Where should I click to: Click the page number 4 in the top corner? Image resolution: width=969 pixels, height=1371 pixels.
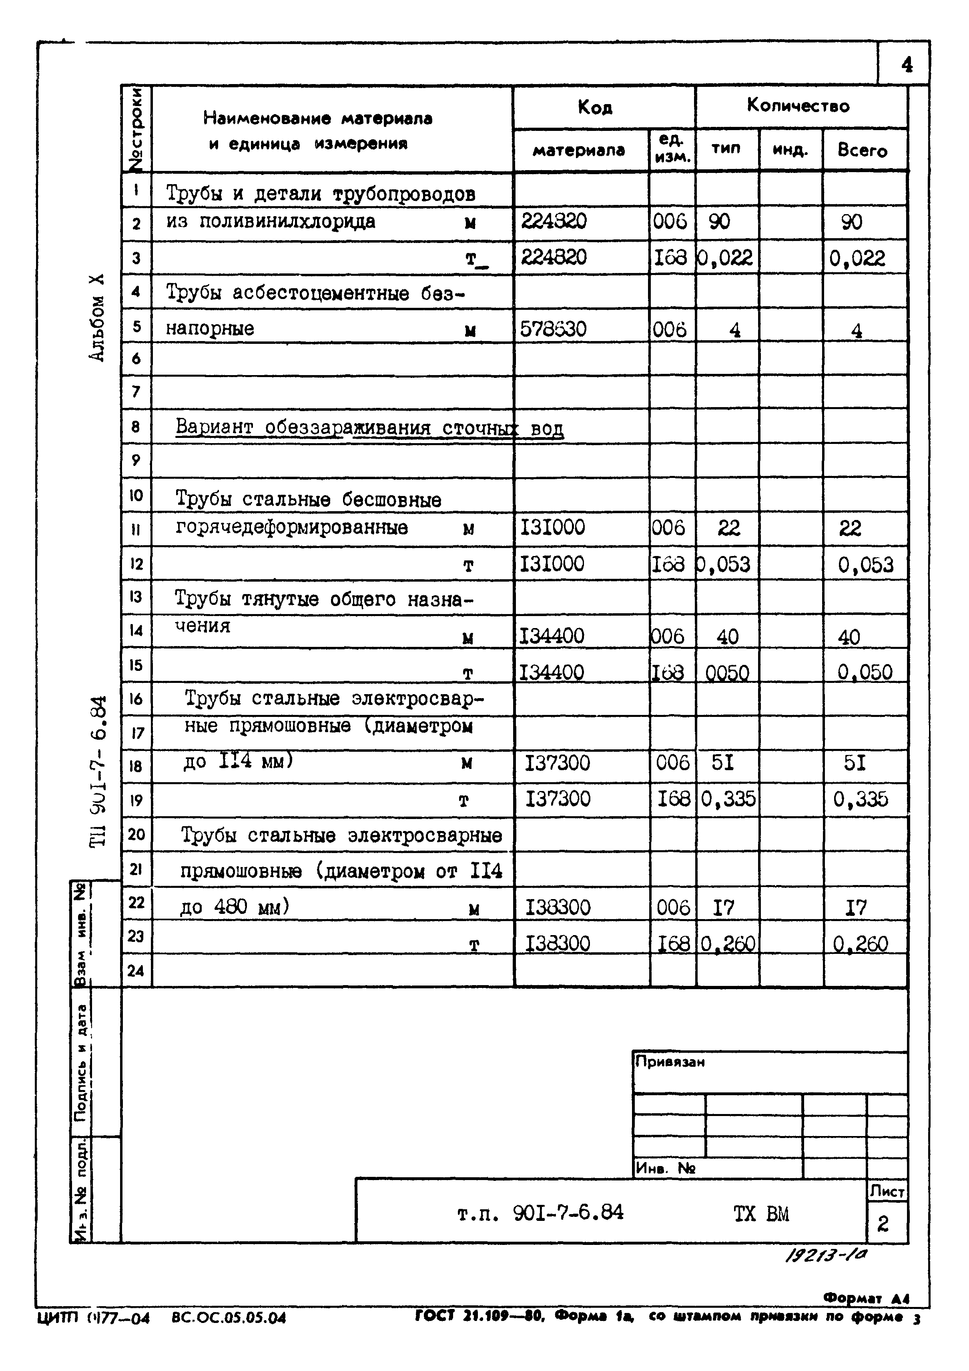pyautogui.click(x=906, y=64)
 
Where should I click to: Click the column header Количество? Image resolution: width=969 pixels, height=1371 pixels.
pyautogui.click(x=798, y=106)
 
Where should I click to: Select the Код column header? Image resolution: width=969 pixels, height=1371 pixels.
pyautogui.click(x=595, y=108)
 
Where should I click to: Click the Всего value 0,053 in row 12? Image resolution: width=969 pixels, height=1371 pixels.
pyautogui.click(x=865, y=565)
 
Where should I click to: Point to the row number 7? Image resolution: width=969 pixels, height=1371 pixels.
pyautogui.click(x=136, y=392)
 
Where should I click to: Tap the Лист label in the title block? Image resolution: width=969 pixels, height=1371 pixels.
pyautogui.click(x=887, y=1192)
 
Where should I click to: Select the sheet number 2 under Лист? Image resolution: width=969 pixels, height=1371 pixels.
pyautogui.click(x=883, y=1224)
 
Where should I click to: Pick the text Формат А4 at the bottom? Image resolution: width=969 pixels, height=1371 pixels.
pyautogui.click(x=866, y=1298)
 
